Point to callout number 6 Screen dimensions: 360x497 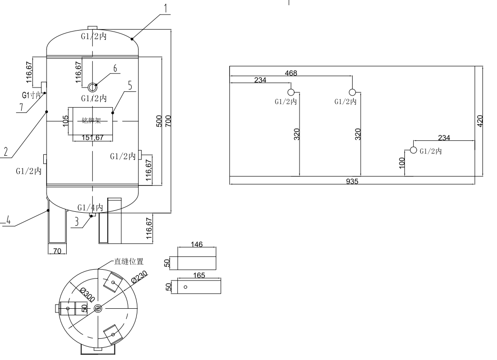pyautogui.click(x=114, y=69)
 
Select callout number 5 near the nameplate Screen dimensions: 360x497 pyautogui.click(x=130, y=85)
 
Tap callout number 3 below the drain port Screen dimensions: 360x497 pyautogui.click(x=77, y=222)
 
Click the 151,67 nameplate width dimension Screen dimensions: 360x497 pyautogui.click(x=93, y=137)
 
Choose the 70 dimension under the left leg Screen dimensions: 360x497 pyautogui.click(x=57, y=251)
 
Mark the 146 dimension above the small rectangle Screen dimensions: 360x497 pyautogui.click(x=197, y=245)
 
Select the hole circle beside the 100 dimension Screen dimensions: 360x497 pyautogui.click(x=413, y=150)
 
